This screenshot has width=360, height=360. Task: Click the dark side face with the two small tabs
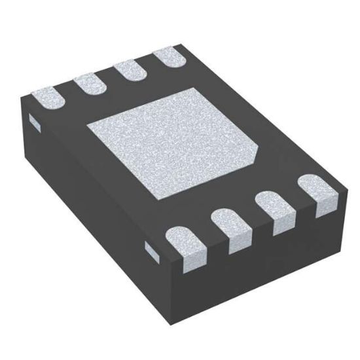tap(85, 203)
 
